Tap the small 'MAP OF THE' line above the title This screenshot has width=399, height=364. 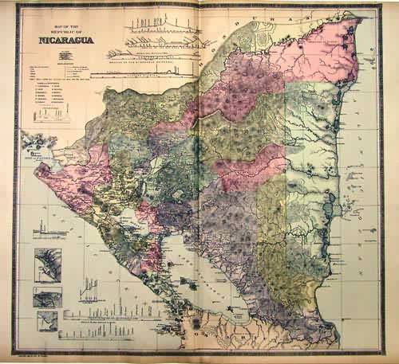pos(59,30)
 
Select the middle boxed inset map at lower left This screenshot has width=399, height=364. pos(46,296)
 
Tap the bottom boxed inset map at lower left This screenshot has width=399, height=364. pos(46,321)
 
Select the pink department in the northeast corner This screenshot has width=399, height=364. pos(319,48)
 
